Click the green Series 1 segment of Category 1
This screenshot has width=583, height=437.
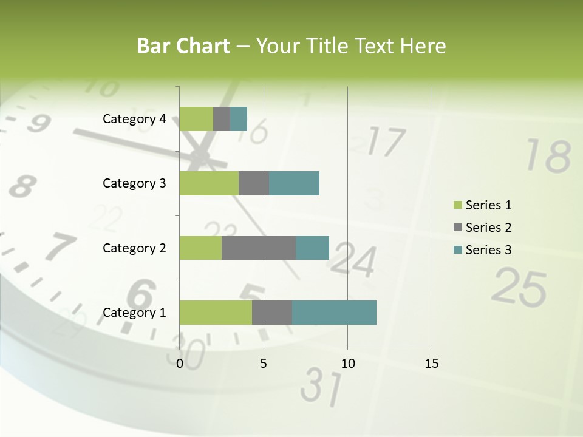click(216, 312)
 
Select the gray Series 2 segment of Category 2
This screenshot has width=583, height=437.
click(259, 248)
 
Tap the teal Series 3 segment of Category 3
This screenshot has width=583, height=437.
click(294, 183)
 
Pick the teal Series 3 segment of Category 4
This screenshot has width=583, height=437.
click(239, 118)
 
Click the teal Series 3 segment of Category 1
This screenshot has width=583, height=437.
click(334, 312)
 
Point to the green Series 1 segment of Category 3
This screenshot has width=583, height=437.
click(209, 183)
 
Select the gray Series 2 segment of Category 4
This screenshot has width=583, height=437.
click(222, 118)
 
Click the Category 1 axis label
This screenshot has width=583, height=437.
click(134, 313)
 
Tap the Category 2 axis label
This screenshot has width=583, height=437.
click(134, 248)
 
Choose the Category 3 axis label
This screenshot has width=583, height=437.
click(134, 183)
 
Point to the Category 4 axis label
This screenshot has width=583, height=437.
click(134, 119)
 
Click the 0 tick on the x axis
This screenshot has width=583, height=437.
click(180, 364)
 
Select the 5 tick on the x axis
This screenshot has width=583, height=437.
click(264, 364)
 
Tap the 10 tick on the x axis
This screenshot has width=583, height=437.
click(347, 364)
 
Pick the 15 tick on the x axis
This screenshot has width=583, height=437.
click(431, 364)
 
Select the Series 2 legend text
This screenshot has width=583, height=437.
click(488, 228)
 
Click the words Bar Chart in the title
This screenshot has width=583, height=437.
click(183, 46)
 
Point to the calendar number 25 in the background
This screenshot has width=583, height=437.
click(519, 286)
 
